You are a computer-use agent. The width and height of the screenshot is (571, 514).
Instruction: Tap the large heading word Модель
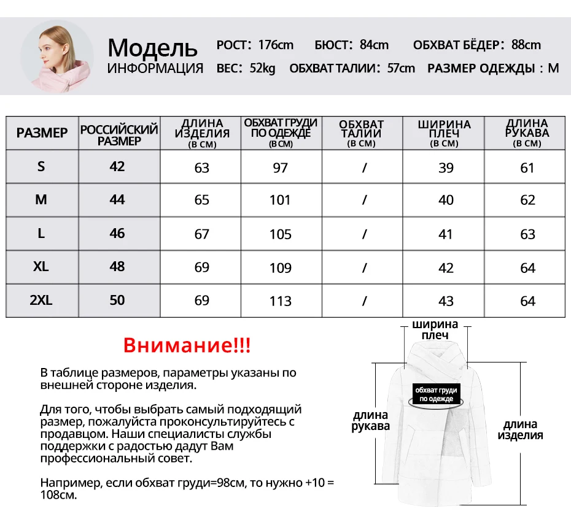coord(152,47)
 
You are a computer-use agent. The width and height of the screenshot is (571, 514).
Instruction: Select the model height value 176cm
coord(276,45)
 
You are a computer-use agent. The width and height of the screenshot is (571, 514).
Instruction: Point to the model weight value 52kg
coord(263,68)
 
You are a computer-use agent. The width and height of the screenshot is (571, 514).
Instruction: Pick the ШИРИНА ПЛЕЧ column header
coord(444,132)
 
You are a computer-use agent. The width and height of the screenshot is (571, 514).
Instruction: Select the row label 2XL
coord(41,300)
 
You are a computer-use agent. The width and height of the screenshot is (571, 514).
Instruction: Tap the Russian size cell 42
coord(117,167)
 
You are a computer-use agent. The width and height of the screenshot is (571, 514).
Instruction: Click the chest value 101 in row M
coord(280,201)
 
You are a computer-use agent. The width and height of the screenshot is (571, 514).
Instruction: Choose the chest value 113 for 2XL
coord(280,301)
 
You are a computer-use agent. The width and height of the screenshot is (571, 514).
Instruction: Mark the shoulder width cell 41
coord(446,234)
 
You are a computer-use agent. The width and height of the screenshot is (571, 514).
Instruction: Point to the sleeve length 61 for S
coord(527,167)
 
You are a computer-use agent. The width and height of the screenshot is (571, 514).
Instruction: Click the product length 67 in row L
coord(201,234)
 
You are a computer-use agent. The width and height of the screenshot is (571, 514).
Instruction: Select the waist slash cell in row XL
coord(364,268)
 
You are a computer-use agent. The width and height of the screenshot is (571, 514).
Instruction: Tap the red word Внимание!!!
coord(187,345)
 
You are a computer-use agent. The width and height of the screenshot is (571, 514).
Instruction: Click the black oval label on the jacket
coord(437,394)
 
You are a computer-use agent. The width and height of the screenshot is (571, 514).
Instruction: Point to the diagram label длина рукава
coord(370,420)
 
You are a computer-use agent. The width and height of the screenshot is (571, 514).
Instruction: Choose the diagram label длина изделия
coord(520,429)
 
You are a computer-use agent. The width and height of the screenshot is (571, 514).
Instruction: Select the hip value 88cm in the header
coord(526,45)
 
